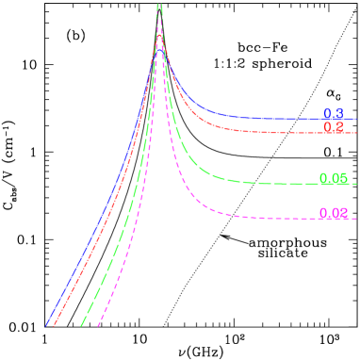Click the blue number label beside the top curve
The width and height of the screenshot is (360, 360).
333,114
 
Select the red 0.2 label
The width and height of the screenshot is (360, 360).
333,127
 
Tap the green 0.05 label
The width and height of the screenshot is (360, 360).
334,178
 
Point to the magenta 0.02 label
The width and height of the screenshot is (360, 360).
334,213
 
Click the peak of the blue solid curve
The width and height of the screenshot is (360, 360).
159,49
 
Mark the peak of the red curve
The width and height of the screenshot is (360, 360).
159,35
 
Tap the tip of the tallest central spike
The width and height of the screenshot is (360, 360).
159,5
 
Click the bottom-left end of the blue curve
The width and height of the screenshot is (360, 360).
46,326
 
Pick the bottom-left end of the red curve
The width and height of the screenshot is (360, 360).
55,326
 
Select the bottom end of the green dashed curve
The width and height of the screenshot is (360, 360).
82,326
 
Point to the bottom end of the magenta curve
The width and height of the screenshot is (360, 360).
99,326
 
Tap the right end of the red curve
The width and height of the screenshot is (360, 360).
356,133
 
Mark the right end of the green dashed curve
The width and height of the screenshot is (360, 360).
356,183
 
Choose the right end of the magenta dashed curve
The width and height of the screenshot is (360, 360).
356,219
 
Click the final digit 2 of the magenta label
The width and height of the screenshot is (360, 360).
344,213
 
